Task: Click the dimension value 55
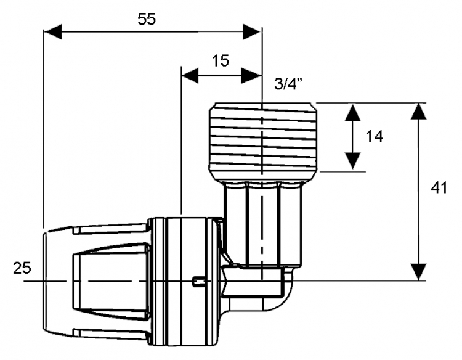point(147,20)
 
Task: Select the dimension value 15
point(220,61)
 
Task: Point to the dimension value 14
point(374,136)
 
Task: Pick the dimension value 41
point(439,188)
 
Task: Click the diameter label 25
point(22,268)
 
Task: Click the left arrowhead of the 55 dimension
point(53,32)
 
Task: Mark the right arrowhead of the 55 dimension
point(252,32)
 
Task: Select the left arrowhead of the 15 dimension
point(190,75)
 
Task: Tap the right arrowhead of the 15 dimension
point(251,75)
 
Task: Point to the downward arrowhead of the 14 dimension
point(353,161)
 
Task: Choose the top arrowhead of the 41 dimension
point(418,111)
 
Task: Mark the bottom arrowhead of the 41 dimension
point(418,272)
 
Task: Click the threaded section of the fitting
point(263,139)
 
